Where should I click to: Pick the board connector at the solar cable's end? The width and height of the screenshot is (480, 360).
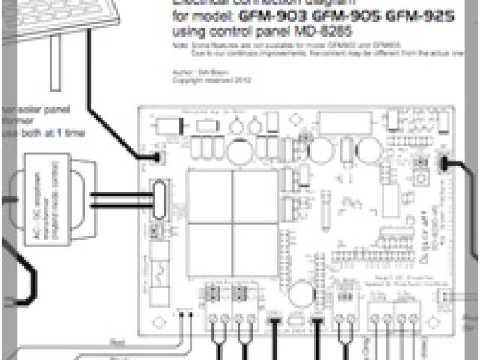tap(157, 157)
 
